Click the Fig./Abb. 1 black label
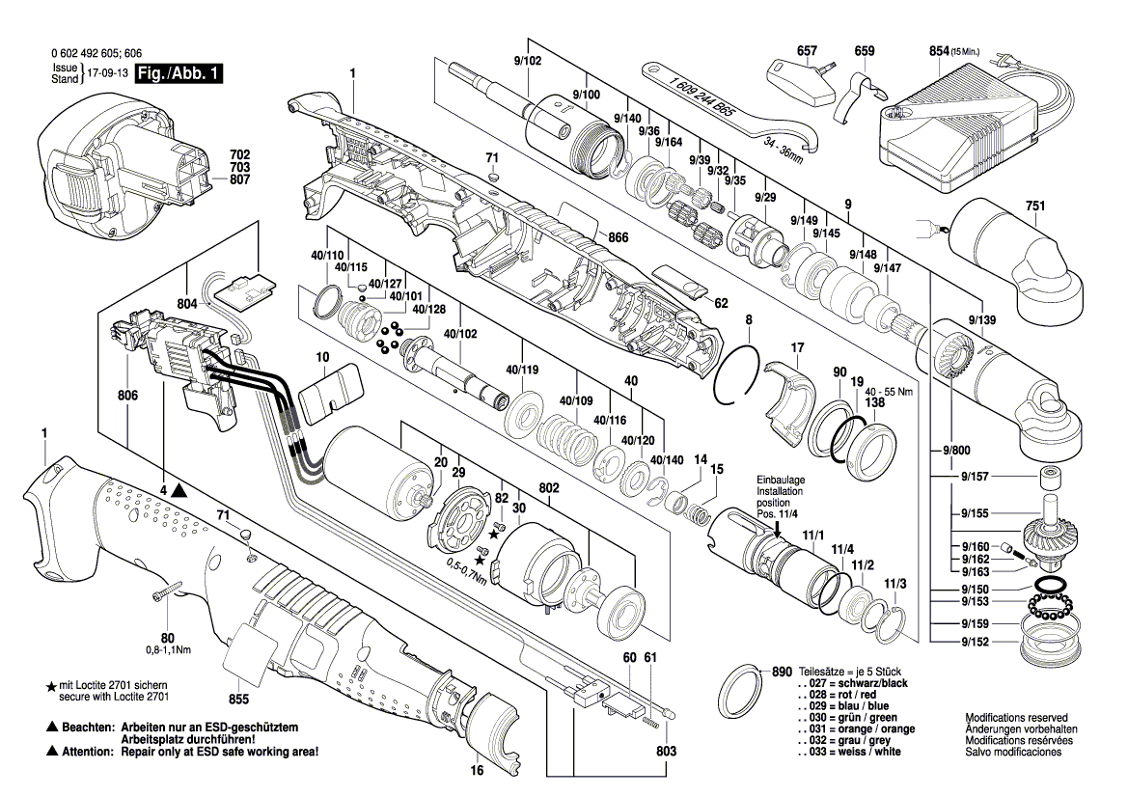pyautogui.click(x=178, y=73)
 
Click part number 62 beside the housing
pyautogui.click(x=720, y=302)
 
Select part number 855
pyautogui.click(x=238, y=699)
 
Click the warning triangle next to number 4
pyautogui.click(x=181, y=490)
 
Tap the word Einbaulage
pyautogui.click(x=780, y=480)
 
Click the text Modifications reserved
pyautogui.click(x=1016, y=718)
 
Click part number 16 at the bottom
pyautogui.click(x=476, y=771)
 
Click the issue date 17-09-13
pyautogui.click(x=106, y=73)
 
